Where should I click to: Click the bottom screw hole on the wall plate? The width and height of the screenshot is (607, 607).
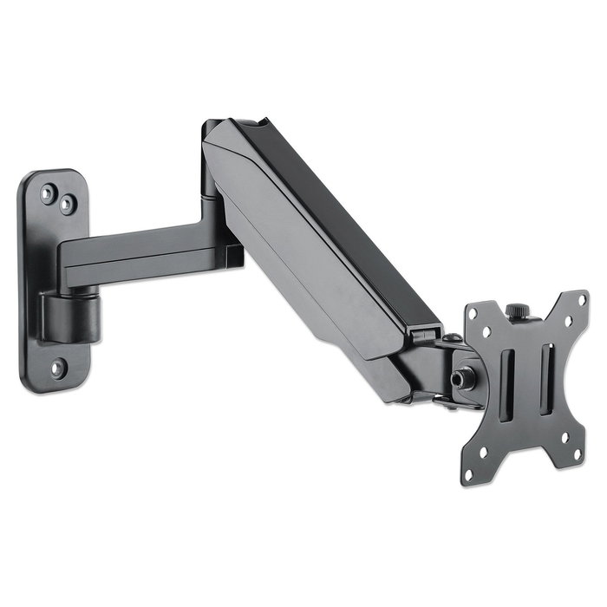click(x=57, y=367)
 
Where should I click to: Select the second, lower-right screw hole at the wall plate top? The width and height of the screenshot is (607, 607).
click(x=66, y=205)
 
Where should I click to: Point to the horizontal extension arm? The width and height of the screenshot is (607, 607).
click(x=139, y=247)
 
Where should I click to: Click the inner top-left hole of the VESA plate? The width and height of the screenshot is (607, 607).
click(x=490, y=332)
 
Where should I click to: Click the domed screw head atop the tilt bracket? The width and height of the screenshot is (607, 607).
click(x=452, y=337)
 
